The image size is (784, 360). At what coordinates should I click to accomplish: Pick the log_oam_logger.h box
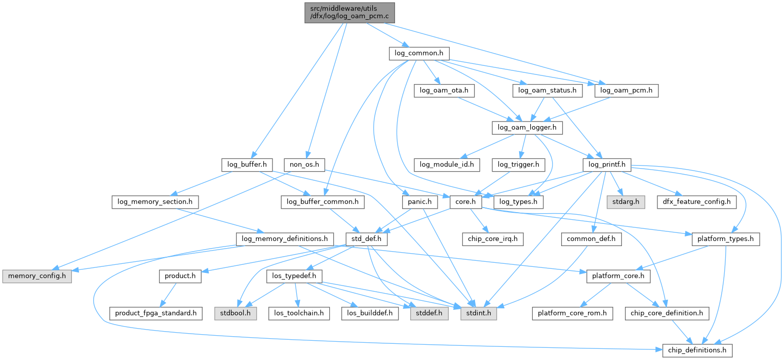[527, 128]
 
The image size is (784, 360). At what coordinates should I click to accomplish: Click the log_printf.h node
[607, 165]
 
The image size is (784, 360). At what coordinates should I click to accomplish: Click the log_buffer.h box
[247, 165]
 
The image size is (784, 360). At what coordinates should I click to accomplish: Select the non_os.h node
[304, 165]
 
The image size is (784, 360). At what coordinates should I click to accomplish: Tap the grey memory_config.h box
[37, 276]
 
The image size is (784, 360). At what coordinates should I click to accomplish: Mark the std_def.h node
[366, 239]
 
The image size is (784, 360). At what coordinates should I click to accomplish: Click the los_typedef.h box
[294, 276]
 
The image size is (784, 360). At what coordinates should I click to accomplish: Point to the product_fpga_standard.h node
[153, 313]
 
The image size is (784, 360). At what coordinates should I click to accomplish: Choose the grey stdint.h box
[478, 313]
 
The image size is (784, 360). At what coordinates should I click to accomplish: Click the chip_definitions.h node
[697, 350]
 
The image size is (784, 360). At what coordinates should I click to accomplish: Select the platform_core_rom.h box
[572, 313]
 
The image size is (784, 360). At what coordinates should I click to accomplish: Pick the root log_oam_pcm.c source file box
[349, 13]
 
